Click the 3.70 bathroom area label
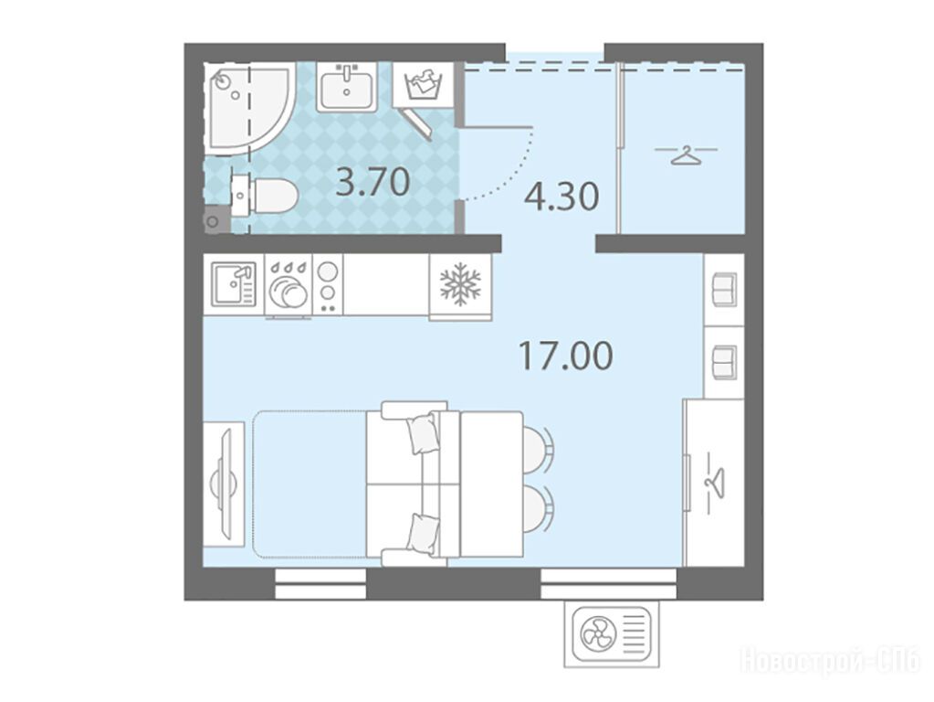[373, 182]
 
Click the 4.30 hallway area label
[561, 197]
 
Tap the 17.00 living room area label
[565, 356]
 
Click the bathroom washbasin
[346, 88]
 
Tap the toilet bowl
[265, 195]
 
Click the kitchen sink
[233, 284]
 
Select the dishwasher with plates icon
[289, 284]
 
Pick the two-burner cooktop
[328, 284]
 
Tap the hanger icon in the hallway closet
[686, 155]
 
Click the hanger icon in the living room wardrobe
[715, 483]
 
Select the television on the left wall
[224, 484]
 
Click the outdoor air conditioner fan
[597, 636]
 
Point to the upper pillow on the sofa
[425, 431]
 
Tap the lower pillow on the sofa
[425, 533]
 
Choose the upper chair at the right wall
[724, 289]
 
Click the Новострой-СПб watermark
[830, 662]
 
